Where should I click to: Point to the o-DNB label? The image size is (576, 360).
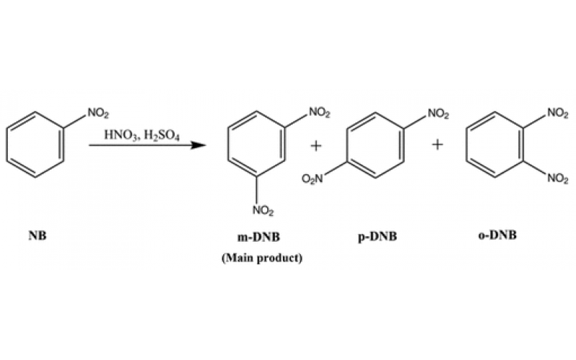(498, 235)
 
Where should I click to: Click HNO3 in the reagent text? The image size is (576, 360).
(118, 135)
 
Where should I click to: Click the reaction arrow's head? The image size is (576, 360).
(194, 145)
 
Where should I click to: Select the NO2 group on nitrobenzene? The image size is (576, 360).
(98, 112)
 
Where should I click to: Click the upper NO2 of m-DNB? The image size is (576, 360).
(320, 112)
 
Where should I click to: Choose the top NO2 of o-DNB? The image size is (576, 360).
(557, 112)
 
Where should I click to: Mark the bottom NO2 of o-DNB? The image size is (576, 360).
(557, 179)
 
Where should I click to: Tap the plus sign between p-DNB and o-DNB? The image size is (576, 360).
(437, 145)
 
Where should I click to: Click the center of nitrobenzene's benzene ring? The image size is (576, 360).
(36, 145)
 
